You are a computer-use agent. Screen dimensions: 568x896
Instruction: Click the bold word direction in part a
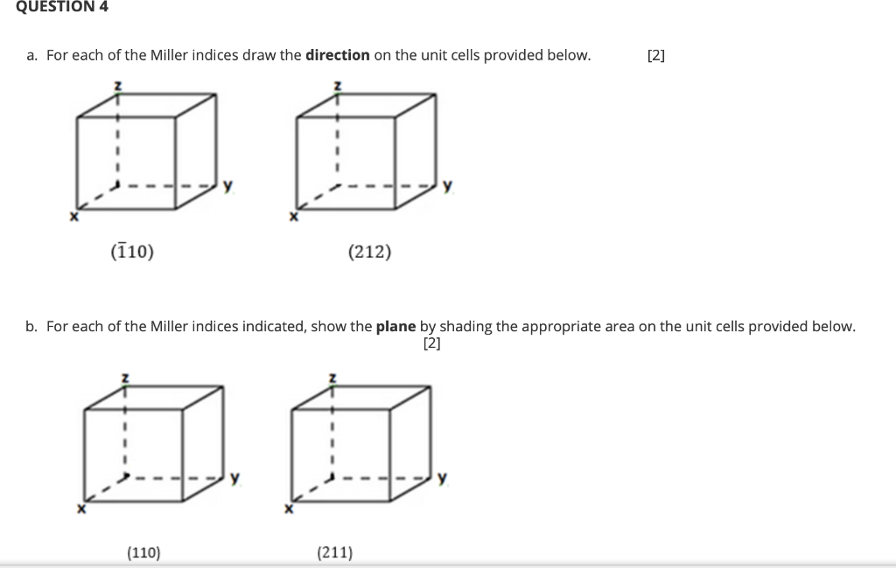coord(337,55)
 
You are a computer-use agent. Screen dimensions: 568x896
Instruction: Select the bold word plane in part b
coord(395,326)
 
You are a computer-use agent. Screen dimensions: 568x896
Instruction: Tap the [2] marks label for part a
coord(655,55)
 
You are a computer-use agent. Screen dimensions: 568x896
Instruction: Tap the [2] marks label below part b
coord(431,343)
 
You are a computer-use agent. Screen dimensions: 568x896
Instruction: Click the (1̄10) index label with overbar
coord(132,253)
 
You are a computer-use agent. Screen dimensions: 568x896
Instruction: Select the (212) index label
coord(369,253)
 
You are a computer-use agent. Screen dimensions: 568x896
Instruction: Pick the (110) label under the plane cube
coord(143,551)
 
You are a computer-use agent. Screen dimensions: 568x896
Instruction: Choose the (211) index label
coord(334,551)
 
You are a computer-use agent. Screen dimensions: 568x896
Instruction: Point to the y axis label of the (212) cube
coord(447,185)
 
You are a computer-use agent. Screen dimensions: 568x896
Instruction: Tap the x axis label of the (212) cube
coord(294,216)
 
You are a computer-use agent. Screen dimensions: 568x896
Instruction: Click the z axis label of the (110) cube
coord(124,378)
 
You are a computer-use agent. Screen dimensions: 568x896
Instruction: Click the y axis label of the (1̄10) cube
coord(227,185)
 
